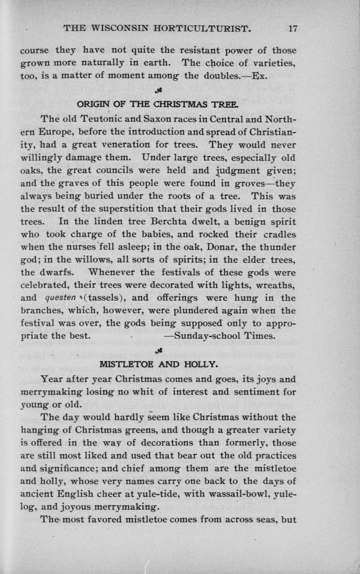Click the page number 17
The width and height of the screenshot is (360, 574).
coord(292,29)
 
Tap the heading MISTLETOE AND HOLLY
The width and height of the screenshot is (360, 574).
coord(158,365)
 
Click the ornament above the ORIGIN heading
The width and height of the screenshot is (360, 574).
coord(158,91)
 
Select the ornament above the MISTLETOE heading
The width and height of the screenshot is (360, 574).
coord(158,351)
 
